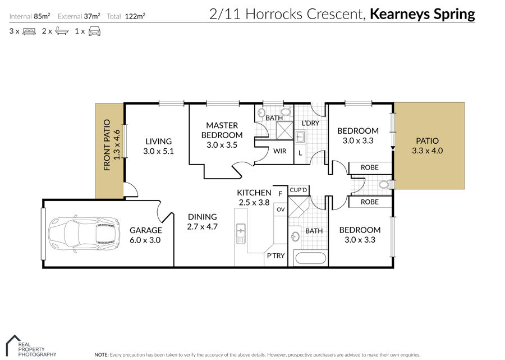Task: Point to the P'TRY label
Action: pyautogui.click(x=275, y=256)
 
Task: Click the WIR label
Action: pyautogui.click(x=280, y=151)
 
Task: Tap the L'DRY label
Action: pyautogui.click(x=310, y=123)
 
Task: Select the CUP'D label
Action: pyautogui.click(x=299, y=190)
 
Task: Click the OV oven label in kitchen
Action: pyautogui.click(x=281, y=209)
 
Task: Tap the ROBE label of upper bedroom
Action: pyautogui.click(x=369, y=167)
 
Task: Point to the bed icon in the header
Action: pyautogui.click(x=29, y=31)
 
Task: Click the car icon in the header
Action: pyautogui.click(x=94, y=31)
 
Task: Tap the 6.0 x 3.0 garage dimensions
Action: pyautogui.click(x=146, y=240)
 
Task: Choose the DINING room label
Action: pyautogui.click(x=202, y=217)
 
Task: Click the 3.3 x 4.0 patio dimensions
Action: pyautogui.click(x=428, y=151)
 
